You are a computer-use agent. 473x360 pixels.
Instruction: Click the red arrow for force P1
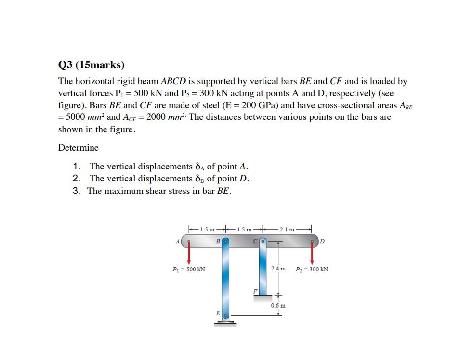pos(189,252)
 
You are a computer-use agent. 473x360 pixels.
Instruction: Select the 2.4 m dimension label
pos(278,268)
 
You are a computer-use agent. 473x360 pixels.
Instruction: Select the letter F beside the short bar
pos(255,291)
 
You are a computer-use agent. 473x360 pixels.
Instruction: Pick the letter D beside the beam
pos(324,241)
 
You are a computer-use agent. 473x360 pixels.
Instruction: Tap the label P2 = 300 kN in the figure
pos(312,269)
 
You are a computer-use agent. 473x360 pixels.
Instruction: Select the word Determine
pos(78,148)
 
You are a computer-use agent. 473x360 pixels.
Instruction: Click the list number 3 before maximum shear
pos(76,191)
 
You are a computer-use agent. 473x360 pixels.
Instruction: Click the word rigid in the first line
pos(125,82)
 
